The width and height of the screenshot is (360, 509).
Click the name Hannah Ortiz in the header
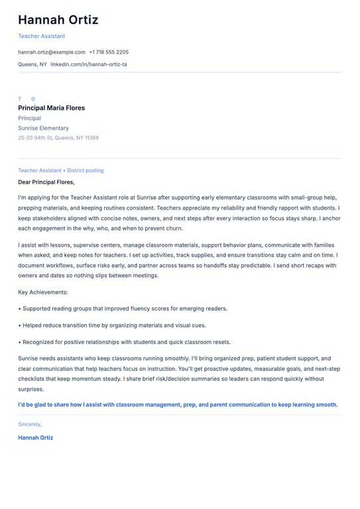click(x=58, y=20)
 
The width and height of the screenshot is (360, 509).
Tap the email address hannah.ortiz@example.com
click(x=52, y=52)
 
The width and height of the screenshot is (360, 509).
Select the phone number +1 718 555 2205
click(x=109, y=52)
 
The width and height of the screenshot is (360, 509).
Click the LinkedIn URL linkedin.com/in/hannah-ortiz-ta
click(x=89, y=64)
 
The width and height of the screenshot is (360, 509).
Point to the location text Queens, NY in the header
click(x=32, y=64)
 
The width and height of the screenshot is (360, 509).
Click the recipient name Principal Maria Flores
click(x=52, y=108)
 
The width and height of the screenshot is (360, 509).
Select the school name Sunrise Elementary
click(x=43, y=128)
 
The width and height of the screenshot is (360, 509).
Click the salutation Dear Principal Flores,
click(x=46, y=182)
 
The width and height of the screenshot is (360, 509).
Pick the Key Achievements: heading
click(x=43, y=292)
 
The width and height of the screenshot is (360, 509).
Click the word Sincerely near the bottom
click(x=30, y=424)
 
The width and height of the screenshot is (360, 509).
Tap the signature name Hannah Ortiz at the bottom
click(x=36, y=437)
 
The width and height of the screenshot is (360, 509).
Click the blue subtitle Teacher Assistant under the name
click(x=41, y=36)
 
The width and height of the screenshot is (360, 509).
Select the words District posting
click(x=85, y=170)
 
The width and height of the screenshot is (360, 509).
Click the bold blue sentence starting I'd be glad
click(x=178, y=404)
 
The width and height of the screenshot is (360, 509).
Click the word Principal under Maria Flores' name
click(x=29, y=118)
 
